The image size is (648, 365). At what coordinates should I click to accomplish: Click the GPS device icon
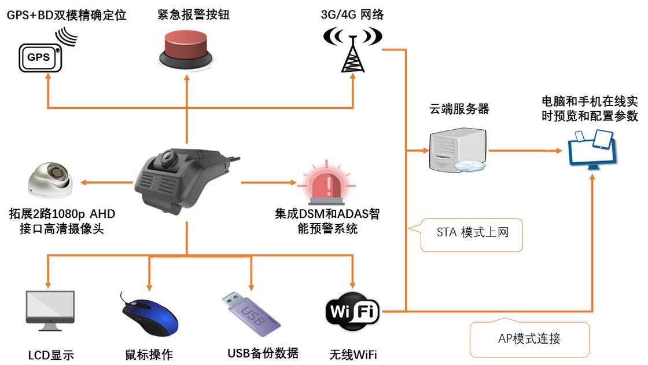pos(41,57)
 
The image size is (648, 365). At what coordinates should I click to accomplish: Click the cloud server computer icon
pos(455,150)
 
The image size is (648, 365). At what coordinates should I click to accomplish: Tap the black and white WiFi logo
pos(352,313)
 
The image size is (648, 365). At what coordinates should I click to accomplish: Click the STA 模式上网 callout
pos(472,234)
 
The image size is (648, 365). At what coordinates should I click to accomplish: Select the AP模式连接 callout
pos(529,338)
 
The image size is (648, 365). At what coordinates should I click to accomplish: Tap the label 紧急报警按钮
pos(186,14)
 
